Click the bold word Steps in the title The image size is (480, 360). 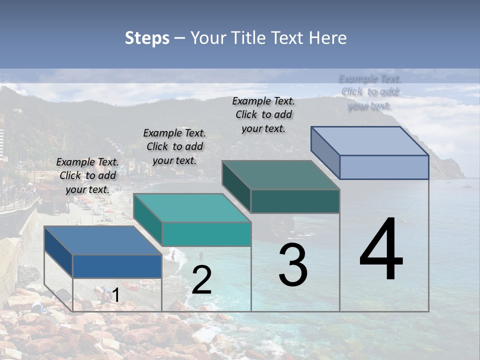click(x=147, y=38)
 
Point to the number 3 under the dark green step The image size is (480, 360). click(x=293, y=265)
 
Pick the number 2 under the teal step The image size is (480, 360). click(x=201, y=280)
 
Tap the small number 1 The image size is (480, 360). click(x=115, y=295)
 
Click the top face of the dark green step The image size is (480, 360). click(x=280, y=175)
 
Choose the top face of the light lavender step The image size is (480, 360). click(x=369, y=141)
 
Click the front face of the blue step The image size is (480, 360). click(x=117, y=266)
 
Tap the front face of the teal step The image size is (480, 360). click(x=206, y=234)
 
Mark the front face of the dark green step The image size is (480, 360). click(x=295, y=201)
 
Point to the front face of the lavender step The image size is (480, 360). click(x=384, y=167)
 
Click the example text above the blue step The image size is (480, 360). click(x=87, y=175)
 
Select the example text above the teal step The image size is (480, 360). click(x=174, y=146)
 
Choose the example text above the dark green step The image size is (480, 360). click(x=263, y=114)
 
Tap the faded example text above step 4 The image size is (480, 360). click(x=370, y=92)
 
